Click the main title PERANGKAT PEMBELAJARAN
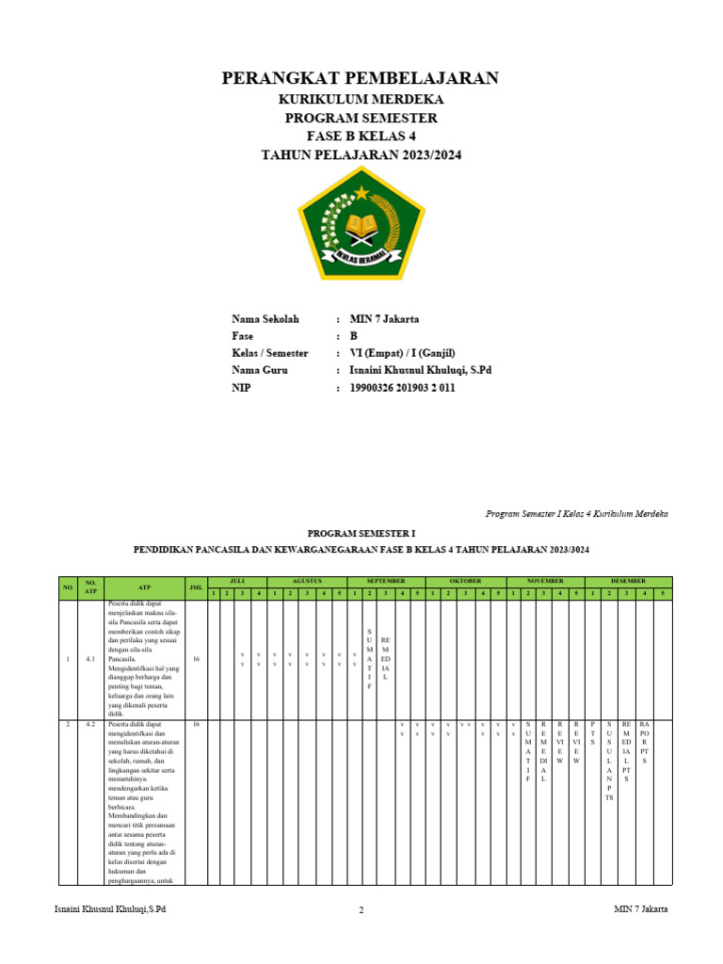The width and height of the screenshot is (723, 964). [x=361, y=78]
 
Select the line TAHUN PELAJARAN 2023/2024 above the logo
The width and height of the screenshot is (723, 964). [x=361, y=155]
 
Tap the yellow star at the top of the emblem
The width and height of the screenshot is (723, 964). [x=361, y=193]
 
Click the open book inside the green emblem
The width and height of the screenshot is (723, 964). [x=361, y=227]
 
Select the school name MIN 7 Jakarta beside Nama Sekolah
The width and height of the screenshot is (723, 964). [x=384, y=319]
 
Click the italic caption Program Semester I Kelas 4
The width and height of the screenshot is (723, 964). [x=576, y=514]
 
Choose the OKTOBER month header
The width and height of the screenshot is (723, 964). [x=465, y=582]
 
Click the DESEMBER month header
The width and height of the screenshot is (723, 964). [x=628, y=582]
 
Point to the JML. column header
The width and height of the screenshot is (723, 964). [x=196, y=587]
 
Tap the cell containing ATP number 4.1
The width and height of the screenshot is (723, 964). [x=90, y=659]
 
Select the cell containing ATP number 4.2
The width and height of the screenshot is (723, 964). [x=90, y=725]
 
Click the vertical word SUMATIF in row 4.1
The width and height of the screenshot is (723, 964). [x=369, y=659]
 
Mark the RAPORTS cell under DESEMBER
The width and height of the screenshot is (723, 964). [x=644, y=743]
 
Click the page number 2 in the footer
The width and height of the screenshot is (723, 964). [x=361, y=910]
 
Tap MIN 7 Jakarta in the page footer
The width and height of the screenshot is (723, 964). [x=641, y=909]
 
